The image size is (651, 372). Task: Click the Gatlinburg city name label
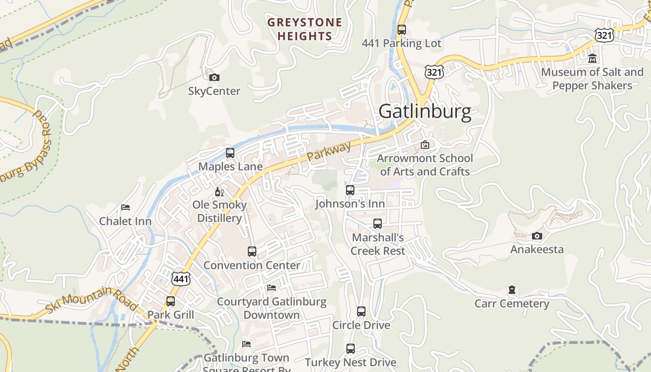(425, 112)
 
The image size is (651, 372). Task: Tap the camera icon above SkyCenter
(214, 77)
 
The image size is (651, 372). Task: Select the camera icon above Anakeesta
(537, 236)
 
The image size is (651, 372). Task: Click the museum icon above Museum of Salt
(592, 59)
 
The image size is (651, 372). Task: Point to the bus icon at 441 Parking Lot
(402, 30)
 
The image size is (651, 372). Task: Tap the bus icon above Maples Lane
(230, 153)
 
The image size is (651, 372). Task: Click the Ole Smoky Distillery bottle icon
(219, 191)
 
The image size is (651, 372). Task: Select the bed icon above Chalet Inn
(125, 207)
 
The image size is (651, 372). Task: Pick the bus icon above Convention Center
(252, 252)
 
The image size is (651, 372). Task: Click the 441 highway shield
(180, 279)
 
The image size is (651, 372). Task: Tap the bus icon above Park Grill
(171, 301)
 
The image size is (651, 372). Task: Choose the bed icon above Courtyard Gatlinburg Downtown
(272, 288)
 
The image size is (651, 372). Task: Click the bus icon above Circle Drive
(361, 312)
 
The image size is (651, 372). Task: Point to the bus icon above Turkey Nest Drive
(351, 349)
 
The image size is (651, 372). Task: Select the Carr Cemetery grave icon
(512, 290)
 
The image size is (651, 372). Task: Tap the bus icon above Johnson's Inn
(350, 190)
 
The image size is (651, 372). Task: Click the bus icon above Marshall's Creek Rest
(378, 224)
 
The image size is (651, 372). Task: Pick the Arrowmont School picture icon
(425, 145)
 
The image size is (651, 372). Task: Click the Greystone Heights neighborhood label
(305, 29)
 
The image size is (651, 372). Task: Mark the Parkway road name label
(329, 152)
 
